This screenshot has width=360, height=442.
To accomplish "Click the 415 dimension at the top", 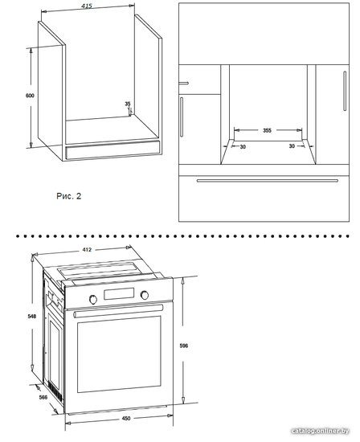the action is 87,6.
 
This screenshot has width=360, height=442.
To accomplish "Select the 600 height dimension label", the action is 30,96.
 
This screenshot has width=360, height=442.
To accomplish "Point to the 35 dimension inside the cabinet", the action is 128,104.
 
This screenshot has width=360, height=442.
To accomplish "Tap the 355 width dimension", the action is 267,130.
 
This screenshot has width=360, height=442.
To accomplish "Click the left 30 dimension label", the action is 243,146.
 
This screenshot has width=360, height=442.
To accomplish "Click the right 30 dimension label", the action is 292,146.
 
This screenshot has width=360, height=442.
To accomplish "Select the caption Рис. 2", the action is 69,196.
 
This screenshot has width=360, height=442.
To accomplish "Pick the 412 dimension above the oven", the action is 87,249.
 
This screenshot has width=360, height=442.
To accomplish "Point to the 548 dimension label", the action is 32,317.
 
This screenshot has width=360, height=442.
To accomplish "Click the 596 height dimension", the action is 184,346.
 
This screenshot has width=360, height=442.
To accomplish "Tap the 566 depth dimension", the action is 43,398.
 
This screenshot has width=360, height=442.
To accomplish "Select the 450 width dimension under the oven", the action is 126,419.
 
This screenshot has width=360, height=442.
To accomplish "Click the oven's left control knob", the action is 93,300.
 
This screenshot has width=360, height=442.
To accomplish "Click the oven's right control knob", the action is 145,295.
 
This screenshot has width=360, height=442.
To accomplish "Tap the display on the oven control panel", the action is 119,293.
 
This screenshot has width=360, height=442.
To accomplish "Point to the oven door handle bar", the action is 118,310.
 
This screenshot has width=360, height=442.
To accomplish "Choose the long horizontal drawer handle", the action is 268,181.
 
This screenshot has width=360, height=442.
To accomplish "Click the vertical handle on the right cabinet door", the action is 345,91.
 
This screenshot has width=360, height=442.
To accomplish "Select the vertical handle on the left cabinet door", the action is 182,117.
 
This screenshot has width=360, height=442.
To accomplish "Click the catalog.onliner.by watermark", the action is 321,431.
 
